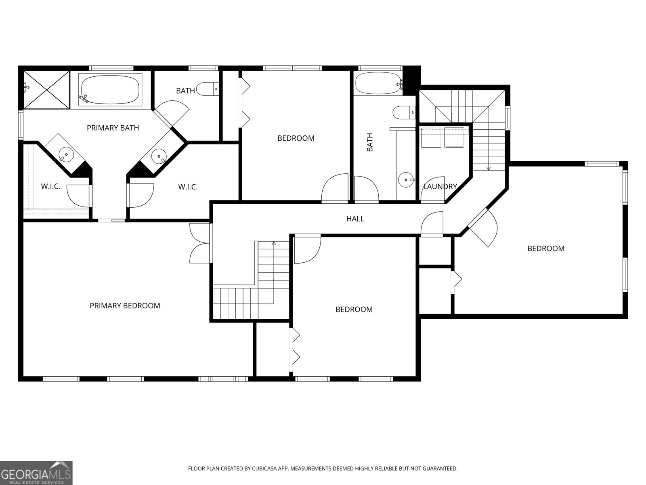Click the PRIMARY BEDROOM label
(125, 306)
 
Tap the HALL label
(355, 219)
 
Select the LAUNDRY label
(440, 187)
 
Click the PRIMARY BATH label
(113, 128)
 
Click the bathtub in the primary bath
(110, 90)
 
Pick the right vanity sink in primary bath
(159, 155)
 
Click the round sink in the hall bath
(405, 179)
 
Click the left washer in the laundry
(431, 137)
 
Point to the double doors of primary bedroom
(199, 244)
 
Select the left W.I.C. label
(50, 187)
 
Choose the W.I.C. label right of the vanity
(188, 187)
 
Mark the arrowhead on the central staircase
(274, 243)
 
